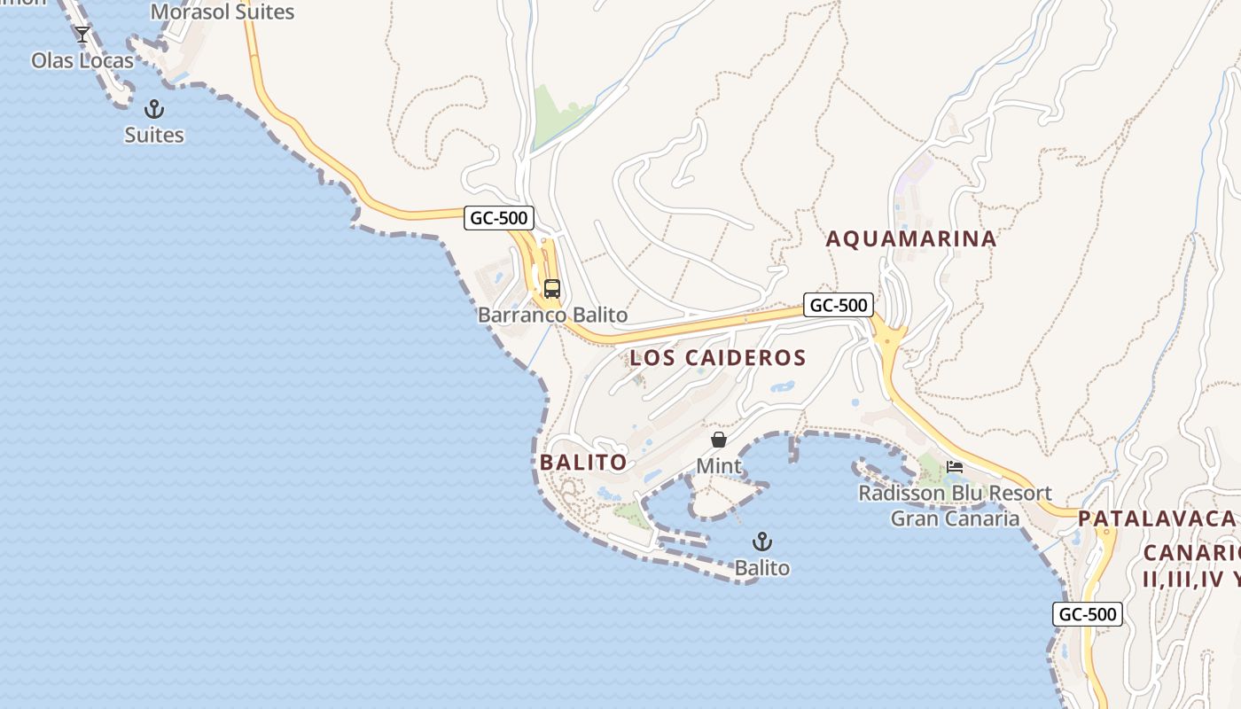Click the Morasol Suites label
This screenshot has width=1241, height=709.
(x=222, y=12)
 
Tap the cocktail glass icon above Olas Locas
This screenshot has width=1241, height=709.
(x=82, y=35)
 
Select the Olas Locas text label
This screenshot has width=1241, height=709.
(x=82, y=60)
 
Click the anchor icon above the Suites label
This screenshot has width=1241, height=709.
(x=154, y=109)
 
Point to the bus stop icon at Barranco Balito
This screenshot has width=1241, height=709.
(x=552, y=289)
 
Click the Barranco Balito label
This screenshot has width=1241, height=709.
(x=552, y=315)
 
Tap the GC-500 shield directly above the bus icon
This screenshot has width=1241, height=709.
(x=499, y=218)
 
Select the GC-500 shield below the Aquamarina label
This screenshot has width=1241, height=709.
(x=839, y=305)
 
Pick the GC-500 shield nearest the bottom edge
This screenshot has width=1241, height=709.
(x=1088, y=614)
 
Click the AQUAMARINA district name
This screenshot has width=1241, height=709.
(x=911, y=238)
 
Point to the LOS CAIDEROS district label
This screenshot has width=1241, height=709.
(x=718, y=358)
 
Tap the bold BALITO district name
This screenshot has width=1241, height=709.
(x=583, y=462)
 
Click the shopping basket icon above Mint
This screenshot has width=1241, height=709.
(x=719, y=440)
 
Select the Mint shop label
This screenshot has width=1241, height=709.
(x=719, y=465)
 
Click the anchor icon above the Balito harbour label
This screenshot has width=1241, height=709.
(x=761, y=541)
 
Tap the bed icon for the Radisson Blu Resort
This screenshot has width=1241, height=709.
(x=955, y=467)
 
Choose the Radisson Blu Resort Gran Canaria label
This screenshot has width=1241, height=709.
(x=955, y=505)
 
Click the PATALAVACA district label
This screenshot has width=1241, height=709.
(x=1157, y=518)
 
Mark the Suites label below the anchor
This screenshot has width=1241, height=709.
(x=154, y=135)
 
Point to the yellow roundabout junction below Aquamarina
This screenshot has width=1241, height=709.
(x=888, y=339)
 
